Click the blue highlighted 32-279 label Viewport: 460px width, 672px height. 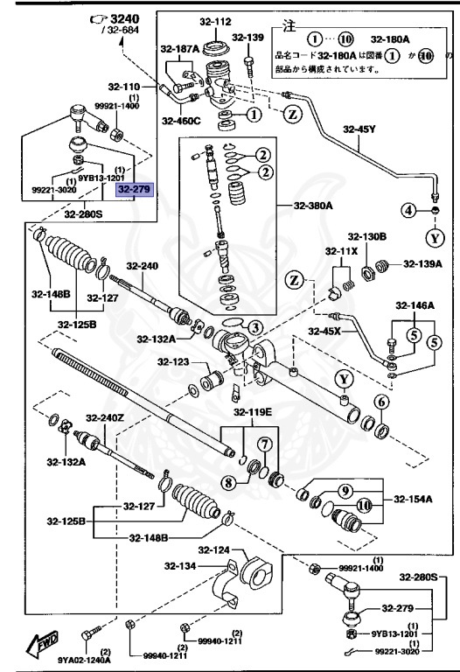tap(134, 188)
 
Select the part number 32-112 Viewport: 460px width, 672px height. tap(219, 22)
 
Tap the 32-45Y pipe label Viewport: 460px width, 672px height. tap(359, 129)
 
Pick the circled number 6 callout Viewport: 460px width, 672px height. tap(381, 402)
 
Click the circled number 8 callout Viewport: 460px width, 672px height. tap(228, 481)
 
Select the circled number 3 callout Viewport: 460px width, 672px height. tap(254, 327)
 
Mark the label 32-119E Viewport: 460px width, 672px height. tap(252, 412)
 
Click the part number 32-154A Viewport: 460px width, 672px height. tap(413, 500)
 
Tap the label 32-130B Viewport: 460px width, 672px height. tap(366, 237)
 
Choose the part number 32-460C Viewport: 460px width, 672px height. tap(181, 121)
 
